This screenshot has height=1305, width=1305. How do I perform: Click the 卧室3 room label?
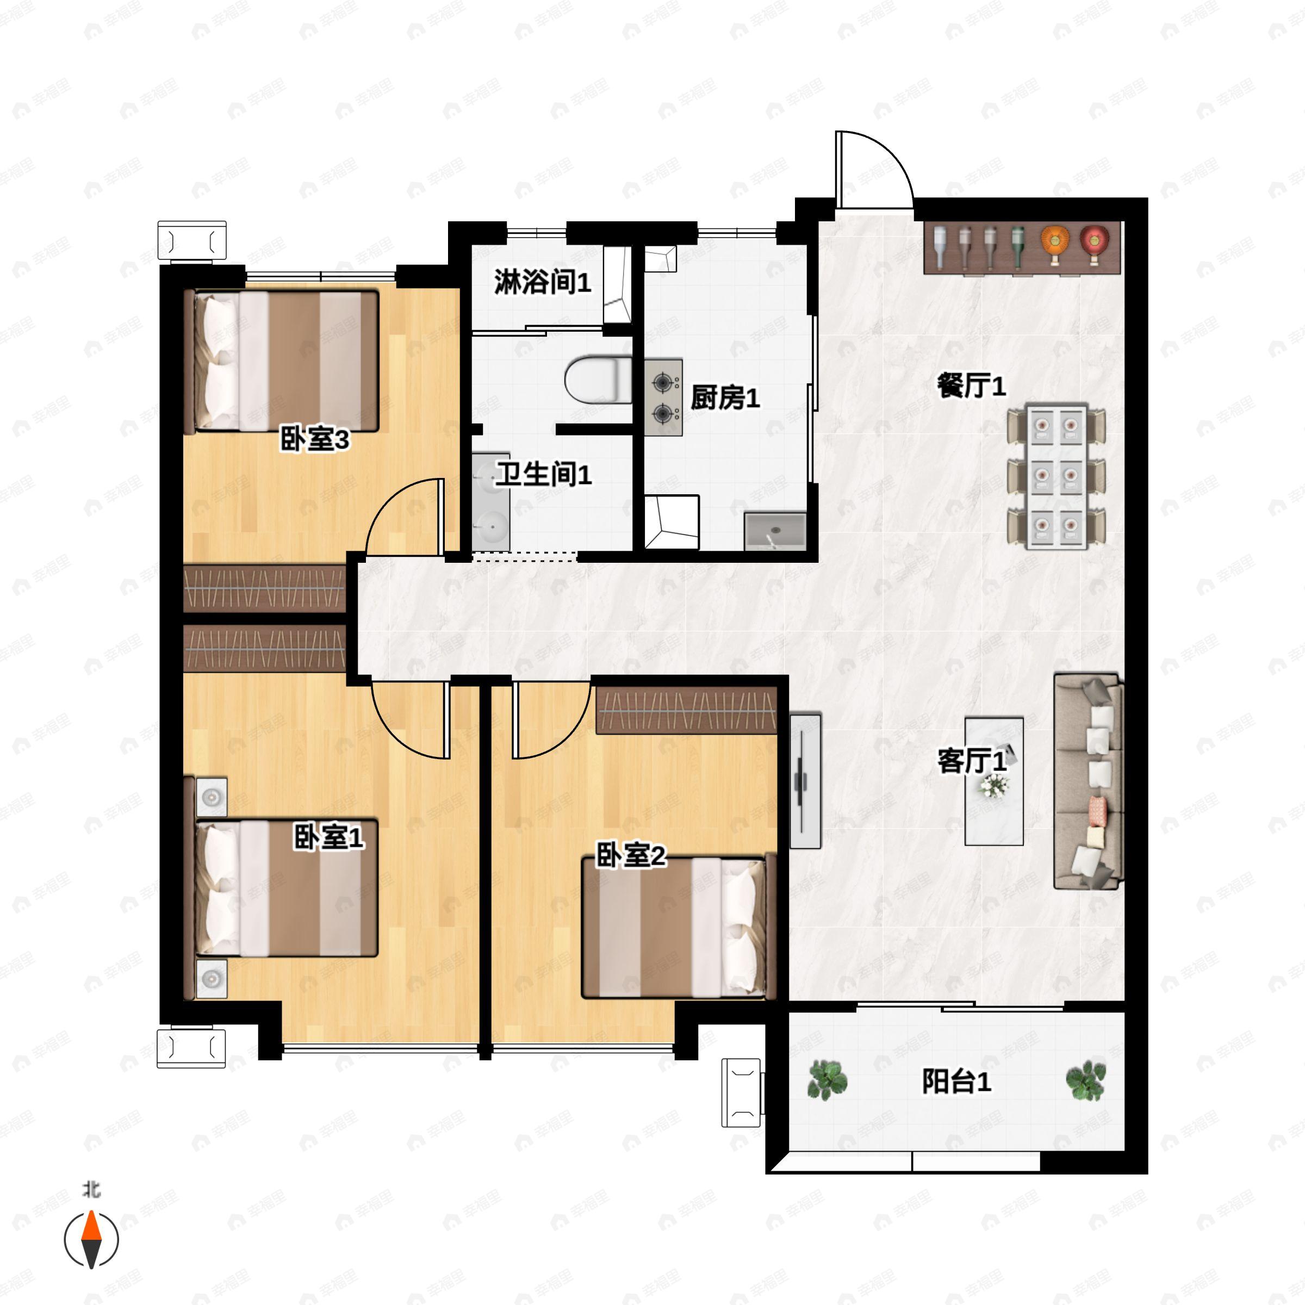(315, 440)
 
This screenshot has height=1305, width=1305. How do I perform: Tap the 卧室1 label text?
(328, 838)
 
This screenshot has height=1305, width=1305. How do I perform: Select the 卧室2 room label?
(630, 856)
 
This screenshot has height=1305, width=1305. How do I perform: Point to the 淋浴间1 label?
(543, 282)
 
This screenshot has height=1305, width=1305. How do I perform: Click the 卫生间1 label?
(544, 474)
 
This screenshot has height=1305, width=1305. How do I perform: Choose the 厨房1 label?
(725, 398)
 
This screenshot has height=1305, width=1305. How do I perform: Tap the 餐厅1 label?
(971, 387)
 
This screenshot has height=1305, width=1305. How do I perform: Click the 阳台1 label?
(956, 1082)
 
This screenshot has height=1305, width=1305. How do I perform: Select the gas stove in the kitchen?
(663, 397)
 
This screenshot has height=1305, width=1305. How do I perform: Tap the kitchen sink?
(775, 531)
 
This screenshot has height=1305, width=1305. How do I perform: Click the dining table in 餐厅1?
(1056, 477)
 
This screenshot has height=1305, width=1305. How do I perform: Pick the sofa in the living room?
(1088, 780)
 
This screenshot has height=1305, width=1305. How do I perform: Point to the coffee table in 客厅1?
(993, 781)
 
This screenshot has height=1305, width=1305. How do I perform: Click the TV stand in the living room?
(806, 780)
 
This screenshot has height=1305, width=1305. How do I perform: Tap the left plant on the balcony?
(826, 1079)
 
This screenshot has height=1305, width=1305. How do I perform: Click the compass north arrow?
(91, 1240)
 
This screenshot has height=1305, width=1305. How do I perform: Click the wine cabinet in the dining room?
(1023, 247)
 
